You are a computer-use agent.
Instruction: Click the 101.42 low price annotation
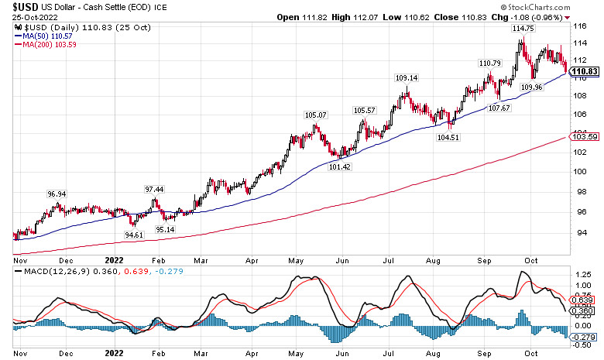340,166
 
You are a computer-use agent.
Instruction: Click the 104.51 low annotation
448,137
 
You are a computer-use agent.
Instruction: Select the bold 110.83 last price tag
586,72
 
